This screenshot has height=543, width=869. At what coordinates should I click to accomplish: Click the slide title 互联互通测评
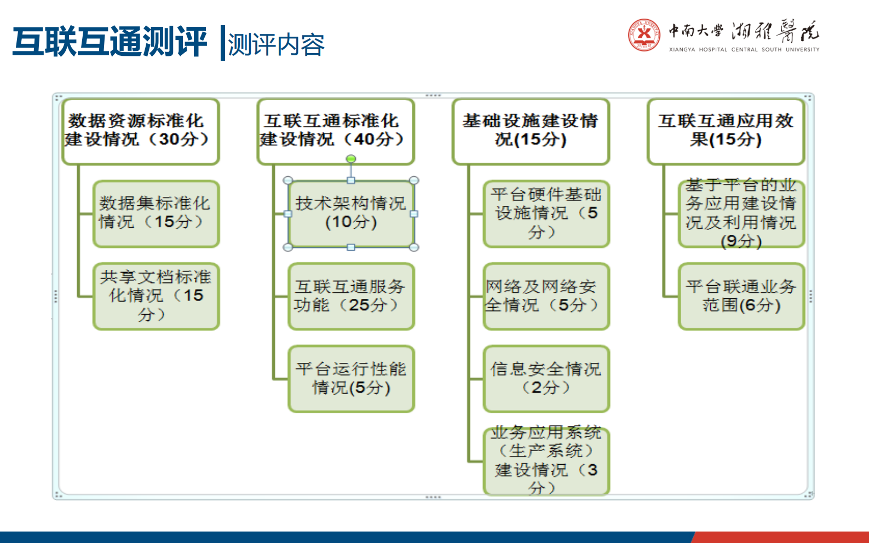[110, 42]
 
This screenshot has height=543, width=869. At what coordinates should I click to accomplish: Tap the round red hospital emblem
[644, 35]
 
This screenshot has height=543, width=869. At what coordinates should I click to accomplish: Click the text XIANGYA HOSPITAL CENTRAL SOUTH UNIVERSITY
[744, 50]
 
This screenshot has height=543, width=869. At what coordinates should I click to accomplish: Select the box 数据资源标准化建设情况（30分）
[141, 131]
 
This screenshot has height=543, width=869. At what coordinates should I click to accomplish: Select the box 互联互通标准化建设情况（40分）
[336, 131]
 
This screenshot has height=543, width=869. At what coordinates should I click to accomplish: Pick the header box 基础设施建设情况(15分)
[531, 131]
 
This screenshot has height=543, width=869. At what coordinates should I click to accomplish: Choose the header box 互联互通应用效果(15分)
[726, 131]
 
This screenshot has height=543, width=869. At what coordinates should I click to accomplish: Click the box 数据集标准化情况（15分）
[156, 214]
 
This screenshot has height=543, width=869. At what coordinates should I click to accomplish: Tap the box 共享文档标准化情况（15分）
[156, 296]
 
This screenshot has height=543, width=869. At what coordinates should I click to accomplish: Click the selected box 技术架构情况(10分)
[351, 214]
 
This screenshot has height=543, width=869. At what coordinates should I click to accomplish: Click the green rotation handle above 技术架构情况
[351, 159]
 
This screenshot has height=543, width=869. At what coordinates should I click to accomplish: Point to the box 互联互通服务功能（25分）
[351, 296]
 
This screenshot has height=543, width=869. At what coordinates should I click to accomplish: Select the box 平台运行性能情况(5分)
[351, 378]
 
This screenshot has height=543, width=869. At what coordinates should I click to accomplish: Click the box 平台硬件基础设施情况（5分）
[546, 214]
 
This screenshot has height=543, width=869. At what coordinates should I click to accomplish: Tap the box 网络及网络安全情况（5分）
[546, 296]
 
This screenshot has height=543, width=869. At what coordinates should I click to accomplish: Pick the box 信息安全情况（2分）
[546, 378]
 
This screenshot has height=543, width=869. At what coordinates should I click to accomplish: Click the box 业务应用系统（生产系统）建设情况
[546, 461]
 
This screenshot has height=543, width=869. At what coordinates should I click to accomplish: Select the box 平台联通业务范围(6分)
[741, 296]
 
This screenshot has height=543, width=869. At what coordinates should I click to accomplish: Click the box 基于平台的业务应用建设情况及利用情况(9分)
[741, 214]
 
